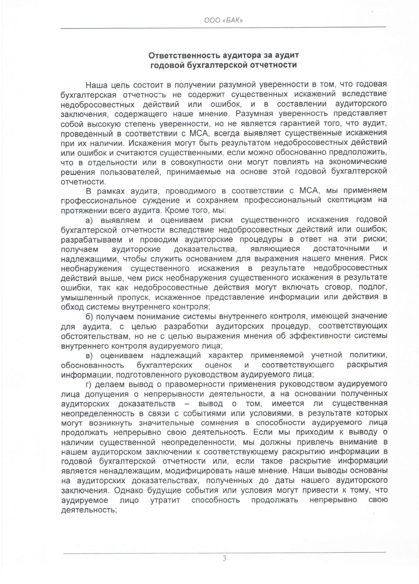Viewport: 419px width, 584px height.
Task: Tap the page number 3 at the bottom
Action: (224, 559)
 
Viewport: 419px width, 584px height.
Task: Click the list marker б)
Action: (89, 316)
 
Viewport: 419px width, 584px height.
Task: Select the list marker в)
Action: (89, 355)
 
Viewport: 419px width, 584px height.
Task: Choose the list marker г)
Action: (89, 384)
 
